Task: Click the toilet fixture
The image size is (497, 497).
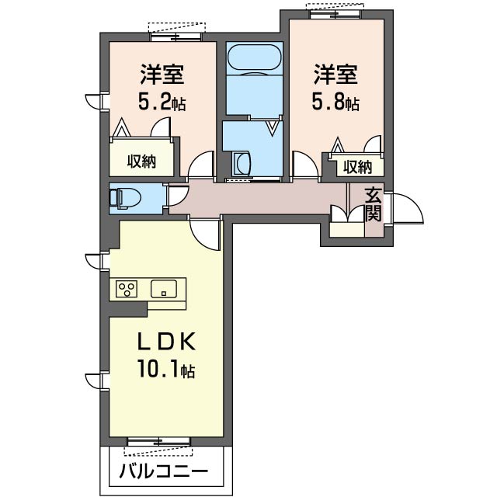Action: [x=125, y=199]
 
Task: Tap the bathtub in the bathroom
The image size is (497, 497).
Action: [x=254, y=57]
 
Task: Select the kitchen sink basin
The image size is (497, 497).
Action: [x=164, y=289]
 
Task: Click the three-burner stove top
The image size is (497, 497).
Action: [x=127, y=289]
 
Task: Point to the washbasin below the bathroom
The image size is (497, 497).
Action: [x=242, y=163]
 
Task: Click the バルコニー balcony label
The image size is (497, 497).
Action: [x=164, y=471]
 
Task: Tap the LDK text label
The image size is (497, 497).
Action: [x=166, y=342]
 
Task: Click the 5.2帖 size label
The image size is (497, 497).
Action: [x=162, y=102]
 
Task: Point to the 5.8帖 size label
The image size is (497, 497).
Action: [x=335, y=102]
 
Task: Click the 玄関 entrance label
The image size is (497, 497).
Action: [x=373, y=205]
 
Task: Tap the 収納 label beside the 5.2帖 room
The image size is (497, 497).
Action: [x=141, y=162]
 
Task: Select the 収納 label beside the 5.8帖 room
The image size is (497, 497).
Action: [x=358, y=167]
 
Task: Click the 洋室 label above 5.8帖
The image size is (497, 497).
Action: [x=335, y=75]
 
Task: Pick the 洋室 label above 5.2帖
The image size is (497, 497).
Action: [x=162, y=75]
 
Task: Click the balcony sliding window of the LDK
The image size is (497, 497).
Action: [x=159, y=441]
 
